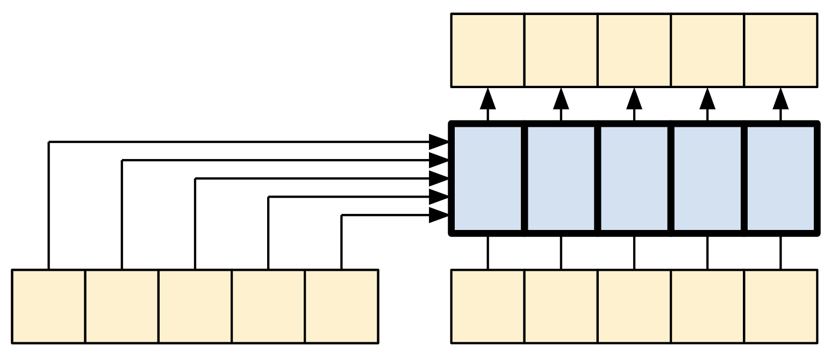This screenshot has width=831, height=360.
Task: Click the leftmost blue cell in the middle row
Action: click(x=488, y=179)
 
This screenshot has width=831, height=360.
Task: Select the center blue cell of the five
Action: click(x=634, y=179)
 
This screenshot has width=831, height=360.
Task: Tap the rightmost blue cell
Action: click(x=781, y=179)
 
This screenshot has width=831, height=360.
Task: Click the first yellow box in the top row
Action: click(x=488, y=50)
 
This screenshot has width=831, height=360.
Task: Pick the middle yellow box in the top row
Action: click(x=634, y=50)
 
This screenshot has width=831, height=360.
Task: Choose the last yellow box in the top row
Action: click(x=781, y=50)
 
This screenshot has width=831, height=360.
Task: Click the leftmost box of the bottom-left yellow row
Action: click(x=48, y=306)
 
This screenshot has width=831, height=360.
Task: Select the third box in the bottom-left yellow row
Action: click(x=195, y=306)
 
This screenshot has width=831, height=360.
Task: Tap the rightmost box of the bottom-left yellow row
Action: click(x=342, y=306)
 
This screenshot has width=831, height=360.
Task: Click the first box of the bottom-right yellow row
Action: click(x=488, y=306)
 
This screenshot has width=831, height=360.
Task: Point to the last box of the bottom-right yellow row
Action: click(x=781, y=306)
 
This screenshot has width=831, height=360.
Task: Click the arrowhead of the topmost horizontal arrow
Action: click(x=439, y=142)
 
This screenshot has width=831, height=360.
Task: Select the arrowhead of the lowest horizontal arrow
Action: click(x=439, y=215)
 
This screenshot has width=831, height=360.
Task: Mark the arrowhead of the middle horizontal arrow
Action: click(x=439, y=179)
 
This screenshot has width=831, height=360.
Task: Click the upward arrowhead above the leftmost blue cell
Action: click(x=488, y=98)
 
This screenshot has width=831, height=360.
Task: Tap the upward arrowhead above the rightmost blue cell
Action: click(x=781, y=98)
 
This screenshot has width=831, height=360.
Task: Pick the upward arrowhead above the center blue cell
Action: click(x=634, y=98)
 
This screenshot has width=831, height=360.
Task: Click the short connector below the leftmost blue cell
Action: click(x=488, y=252)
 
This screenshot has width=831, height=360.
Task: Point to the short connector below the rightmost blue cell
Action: click(x=781, y=252)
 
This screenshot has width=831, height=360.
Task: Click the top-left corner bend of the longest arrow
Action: click(x=49, y=142)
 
